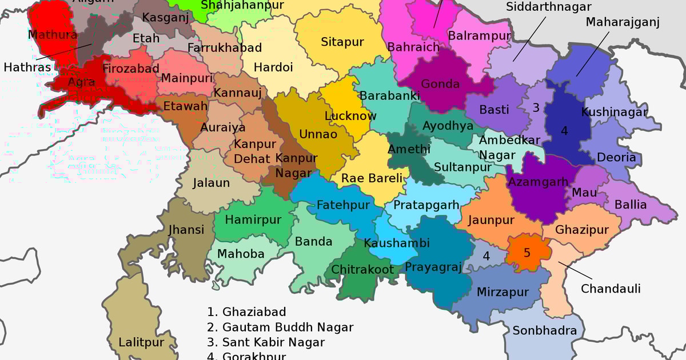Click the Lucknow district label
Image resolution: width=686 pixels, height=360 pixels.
click(350, 116)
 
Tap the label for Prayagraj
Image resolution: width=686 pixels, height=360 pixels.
click(432, 267)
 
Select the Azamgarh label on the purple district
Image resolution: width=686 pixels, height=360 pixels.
click(538, 182)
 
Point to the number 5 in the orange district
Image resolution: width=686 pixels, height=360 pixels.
click(527, 253)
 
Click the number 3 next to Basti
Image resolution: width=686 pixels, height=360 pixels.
click(536, 107)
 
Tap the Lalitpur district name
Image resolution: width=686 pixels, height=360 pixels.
click(141, 343)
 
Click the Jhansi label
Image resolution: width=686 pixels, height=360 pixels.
click(186, 230)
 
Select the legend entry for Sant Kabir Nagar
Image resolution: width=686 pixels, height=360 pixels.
click(266, 342)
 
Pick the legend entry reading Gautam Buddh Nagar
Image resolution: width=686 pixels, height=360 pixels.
click(280, 327)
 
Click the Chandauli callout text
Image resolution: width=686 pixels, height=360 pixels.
click(611, 289)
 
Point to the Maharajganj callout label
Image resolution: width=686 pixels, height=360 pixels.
click(623, 22)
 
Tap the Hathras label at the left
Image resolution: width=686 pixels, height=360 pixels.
click(27, 67)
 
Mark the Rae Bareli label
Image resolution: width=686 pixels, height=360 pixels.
click(372, 178)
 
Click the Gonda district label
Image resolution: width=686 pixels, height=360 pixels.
click(440, 84)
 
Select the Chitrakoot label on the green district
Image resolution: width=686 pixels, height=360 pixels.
click(362, 269)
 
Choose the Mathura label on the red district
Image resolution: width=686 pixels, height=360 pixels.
click(53, 35)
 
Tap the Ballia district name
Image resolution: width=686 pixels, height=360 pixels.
click(631, 205)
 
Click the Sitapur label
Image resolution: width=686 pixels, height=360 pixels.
click(342, 42)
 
